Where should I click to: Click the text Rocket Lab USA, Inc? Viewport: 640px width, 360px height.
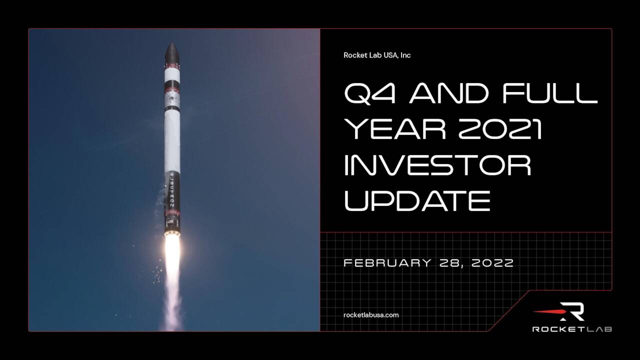[377, 55]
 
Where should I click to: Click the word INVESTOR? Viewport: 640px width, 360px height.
[437, 165]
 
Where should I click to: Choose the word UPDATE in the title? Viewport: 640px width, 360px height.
[417, 201]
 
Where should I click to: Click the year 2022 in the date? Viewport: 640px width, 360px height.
[492, 263]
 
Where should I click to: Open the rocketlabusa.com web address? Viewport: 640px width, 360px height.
[371, 315]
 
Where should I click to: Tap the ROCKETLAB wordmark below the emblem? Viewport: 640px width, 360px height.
[572, 329]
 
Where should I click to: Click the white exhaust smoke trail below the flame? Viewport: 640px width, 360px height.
[173, 305]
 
